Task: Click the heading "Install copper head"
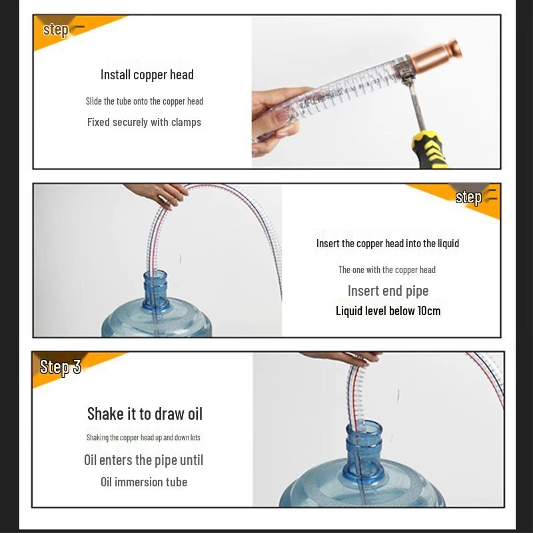[x=147, y=75]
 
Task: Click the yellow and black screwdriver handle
[x=429, y=150]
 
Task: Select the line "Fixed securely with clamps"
[x=144, y=122]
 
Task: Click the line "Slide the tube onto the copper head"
[x=144, y=101]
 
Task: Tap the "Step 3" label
[x=60, y=367]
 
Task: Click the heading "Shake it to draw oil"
[x=145, y=414]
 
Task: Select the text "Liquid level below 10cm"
[x=388, y=310]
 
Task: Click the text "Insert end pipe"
[x=388, y=290]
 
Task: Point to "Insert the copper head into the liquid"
[x=388, y=243]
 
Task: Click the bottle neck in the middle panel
[x=155, y=290]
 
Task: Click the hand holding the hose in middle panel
[x=160, y=194]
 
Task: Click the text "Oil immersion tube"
[x=144, y=482]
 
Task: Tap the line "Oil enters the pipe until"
[x=143, y=460]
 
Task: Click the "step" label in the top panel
[x=56, y=30]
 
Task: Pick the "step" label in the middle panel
[x=468, y=197]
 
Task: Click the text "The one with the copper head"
[x=387, y=270]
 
